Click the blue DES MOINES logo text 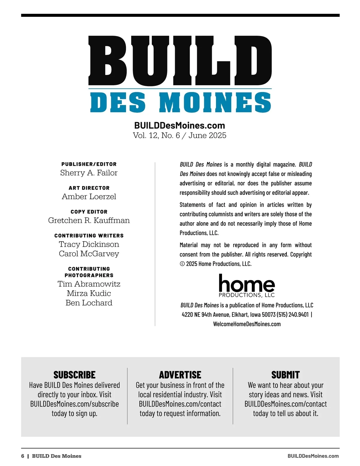pos(180,102)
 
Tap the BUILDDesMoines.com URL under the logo pos(179,125)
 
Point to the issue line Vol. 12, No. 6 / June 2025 pos(179,135)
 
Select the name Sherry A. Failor pos(89,173)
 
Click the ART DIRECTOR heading pos(89,188)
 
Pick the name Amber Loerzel pos(89,197)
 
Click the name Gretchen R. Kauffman pos(89,221)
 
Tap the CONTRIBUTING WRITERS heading pos(89,236)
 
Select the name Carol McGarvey pos(89,254)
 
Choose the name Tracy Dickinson pos(89,244)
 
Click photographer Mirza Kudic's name pos(89,293)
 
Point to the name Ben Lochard pos(89,303)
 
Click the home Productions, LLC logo pos(247,286)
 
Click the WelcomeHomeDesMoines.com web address pos(247,324)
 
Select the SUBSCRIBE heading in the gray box pos(74,375)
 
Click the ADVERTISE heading pos(180,375)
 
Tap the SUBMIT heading pos(285,375)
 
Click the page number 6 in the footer pos(23,456)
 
